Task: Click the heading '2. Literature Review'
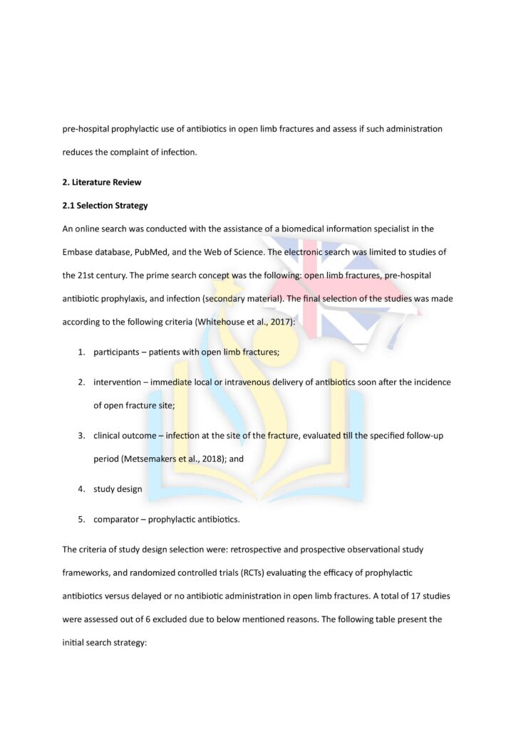point(101,182)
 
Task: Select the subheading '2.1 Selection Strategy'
point(105,206)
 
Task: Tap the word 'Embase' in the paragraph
point(81,253)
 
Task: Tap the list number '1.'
point(82,352)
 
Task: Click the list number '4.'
point(82,489)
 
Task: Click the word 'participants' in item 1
point(117,352)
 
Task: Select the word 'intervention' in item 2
point(117,382)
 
